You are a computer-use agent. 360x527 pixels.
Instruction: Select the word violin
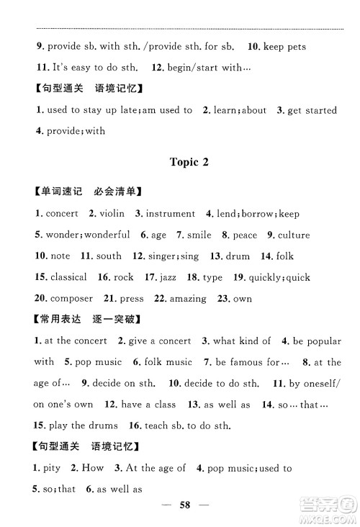coord(112,214)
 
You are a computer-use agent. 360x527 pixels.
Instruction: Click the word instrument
coord(170,214)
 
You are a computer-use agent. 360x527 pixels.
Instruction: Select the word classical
coord(68,277)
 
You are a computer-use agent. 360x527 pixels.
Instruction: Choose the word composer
coord(72,298)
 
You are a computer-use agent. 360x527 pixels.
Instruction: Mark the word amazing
coord(186,298)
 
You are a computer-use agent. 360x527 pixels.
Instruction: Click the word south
coord(109,256)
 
